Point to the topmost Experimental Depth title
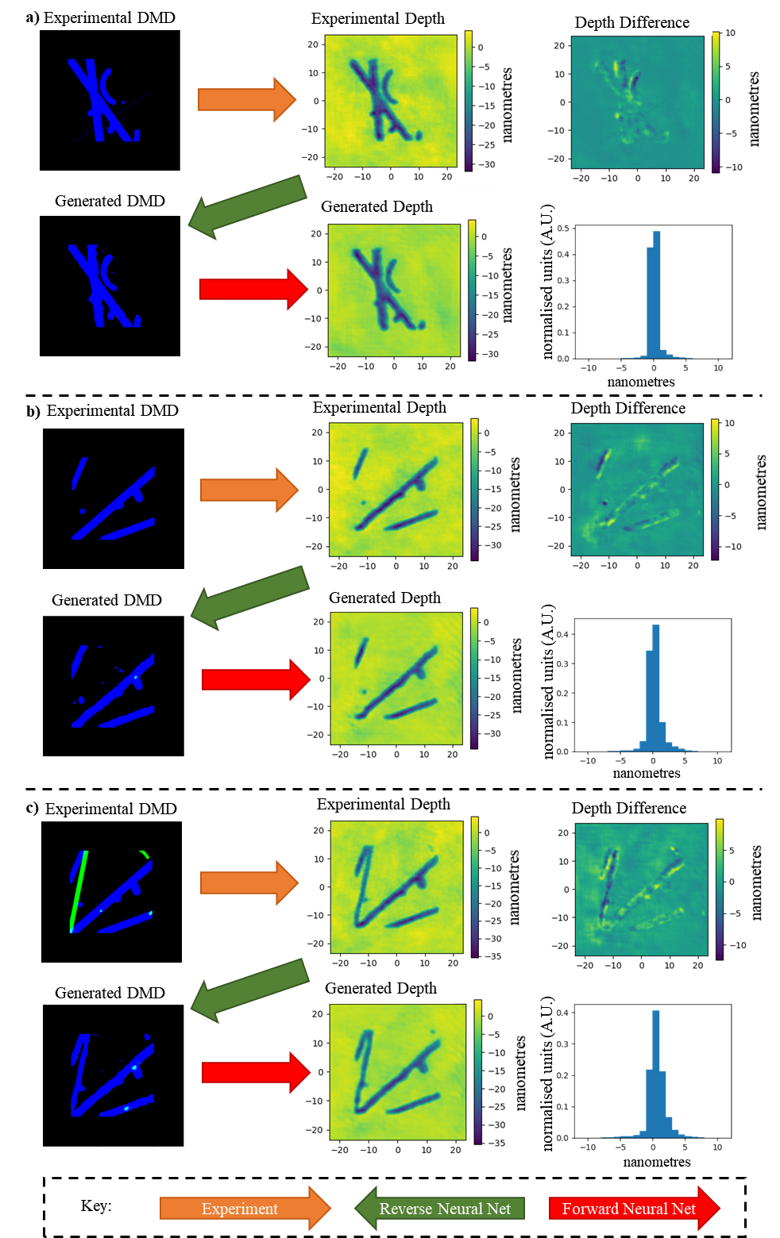378,19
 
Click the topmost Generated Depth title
377,207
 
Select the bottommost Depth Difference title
629,808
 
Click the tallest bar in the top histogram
657,294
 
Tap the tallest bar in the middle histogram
656,686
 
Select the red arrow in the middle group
255,679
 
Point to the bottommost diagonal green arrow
249,989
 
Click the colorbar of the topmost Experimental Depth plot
469,101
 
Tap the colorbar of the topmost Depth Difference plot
716,102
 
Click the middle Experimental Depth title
380,407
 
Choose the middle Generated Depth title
385,598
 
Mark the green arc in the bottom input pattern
144,855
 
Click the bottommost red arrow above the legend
255,1072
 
